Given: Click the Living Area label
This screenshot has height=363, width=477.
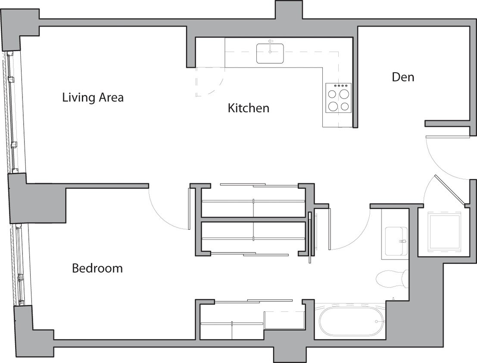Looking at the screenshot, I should pos(93,97).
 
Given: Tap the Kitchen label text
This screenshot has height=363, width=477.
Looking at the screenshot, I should pos(248,108).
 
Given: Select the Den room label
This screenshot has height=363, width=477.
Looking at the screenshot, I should pos(403,77).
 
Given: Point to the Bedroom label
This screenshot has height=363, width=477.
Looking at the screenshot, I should pos(97,268).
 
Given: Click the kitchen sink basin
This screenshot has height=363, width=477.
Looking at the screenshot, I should pos(270,53).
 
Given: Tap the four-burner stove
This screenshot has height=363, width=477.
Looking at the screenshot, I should pos(338,98).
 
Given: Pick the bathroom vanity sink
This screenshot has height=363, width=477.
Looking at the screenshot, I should pos(395,241).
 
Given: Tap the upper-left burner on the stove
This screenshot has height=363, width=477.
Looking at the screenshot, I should pos(333,92).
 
